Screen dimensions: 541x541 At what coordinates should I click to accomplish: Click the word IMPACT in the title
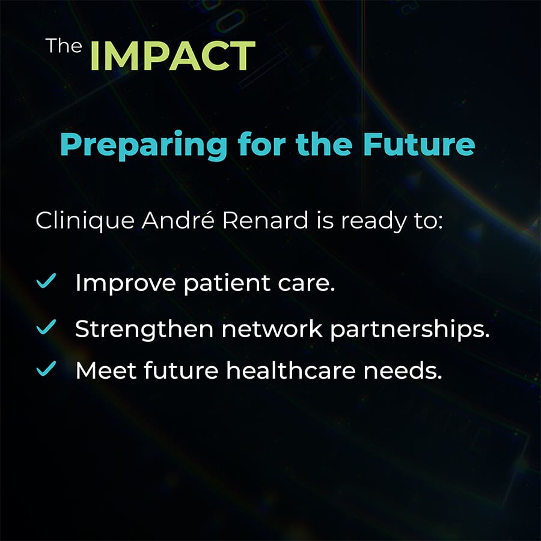(173, 55)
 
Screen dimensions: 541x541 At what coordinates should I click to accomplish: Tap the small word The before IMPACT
(64, 46)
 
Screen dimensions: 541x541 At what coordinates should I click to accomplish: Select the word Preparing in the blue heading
(144, 145)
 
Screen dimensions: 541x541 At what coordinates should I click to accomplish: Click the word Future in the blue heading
(419, 144)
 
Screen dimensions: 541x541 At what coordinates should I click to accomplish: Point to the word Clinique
(85, 221)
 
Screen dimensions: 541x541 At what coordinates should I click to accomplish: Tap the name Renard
(265, 220)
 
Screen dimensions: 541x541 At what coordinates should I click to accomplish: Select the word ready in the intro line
(374, 221)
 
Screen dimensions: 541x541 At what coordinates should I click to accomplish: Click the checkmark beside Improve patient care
(46, 281)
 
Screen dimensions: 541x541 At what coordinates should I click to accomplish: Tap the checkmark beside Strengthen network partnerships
(46, 327)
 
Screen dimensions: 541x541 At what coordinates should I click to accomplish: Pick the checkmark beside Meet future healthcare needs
(46, 368)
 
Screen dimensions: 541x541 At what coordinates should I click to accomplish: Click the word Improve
(126, 284)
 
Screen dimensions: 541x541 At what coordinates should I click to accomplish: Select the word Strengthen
(144, 329)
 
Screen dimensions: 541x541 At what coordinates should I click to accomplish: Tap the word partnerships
(410, 329)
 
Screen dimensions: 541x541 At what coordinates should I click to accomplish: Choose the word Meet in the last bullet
(106, 370)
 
